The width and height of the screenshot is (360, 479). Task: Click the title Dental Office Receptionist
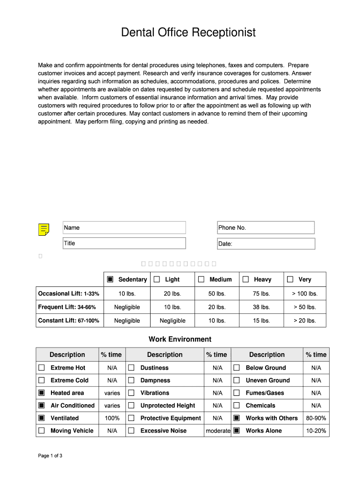pos(188,32)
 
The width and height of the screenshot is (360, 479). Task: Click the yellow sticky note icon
pos(43,230)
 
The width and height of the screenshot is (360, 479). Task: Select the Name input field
pos(124,228)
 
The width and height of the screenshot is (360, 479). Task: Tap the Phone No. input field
pos(266,228)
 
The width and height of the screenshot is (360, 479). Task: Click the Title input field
pos(124,243)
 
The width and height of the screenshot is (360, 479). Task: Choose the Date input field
pos(266,244)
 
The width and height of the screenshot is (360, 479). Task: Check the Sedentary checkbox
pos(110,279)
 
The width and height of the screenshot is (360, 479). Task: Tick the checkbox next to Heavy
pos(245,279)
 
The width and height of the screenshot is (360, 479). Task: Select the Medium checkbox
pos(201,279)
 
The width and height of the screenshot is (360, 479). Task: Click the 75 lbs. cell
pos(261,294)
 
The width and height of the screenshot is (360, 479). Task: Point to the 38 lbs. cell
pos(261,307)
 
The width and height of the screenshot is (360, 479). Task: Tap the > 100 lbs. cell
pos(304,294)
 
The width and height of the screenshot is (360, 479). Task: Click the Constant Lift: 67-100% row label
pos(69,320)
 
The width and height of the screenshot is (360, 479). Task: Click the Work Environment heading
pos(180,339)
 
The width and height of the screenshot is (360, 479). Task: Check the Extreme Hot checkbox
pos(42,368)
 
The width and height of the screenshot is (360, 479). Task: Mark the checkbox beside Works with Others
pos(237,418)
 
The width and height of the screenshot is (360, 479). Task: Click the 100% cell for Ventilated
pos(112,418)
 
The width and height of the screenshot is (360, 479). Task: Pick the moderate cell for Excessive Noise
pos(218,431)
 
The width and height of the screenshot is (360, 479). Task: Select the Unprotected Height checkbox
pos(131,406)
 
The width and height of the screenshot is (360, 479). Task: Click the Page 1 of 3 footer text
pos(50,456)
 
